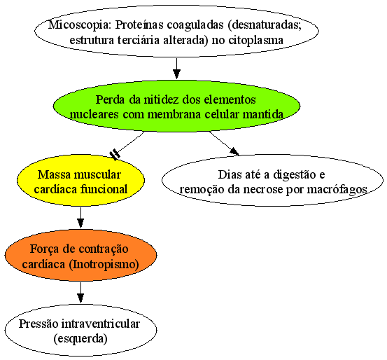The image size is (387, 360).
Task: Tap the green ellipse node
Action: tap(176, 106)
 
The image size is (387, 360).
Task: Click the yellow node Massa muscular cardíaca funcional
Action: tap(80, 181)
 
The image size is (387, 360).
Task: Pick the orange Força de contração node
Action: tap(80, 255)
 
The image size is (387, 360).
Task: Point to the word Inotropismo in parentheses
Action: tap(104, 264)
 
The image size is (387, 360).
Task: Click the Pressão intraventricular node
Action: tap(80, 330)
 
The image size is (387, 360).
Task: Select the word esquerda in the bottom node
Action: tap(80, 338)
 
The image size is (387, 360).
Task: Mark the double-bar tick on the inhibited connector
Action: tap(115, 154)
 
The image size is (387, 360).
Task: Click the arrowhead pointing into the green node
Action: tap(176, 74)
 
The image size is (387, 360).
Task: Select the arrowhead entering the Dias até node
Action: tap(234, 151)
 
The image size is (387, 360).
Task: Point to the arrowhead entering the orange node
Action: tap(80, 223)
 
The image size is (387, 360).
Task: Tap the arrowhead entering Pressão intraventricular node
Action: tap(80, 298)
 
